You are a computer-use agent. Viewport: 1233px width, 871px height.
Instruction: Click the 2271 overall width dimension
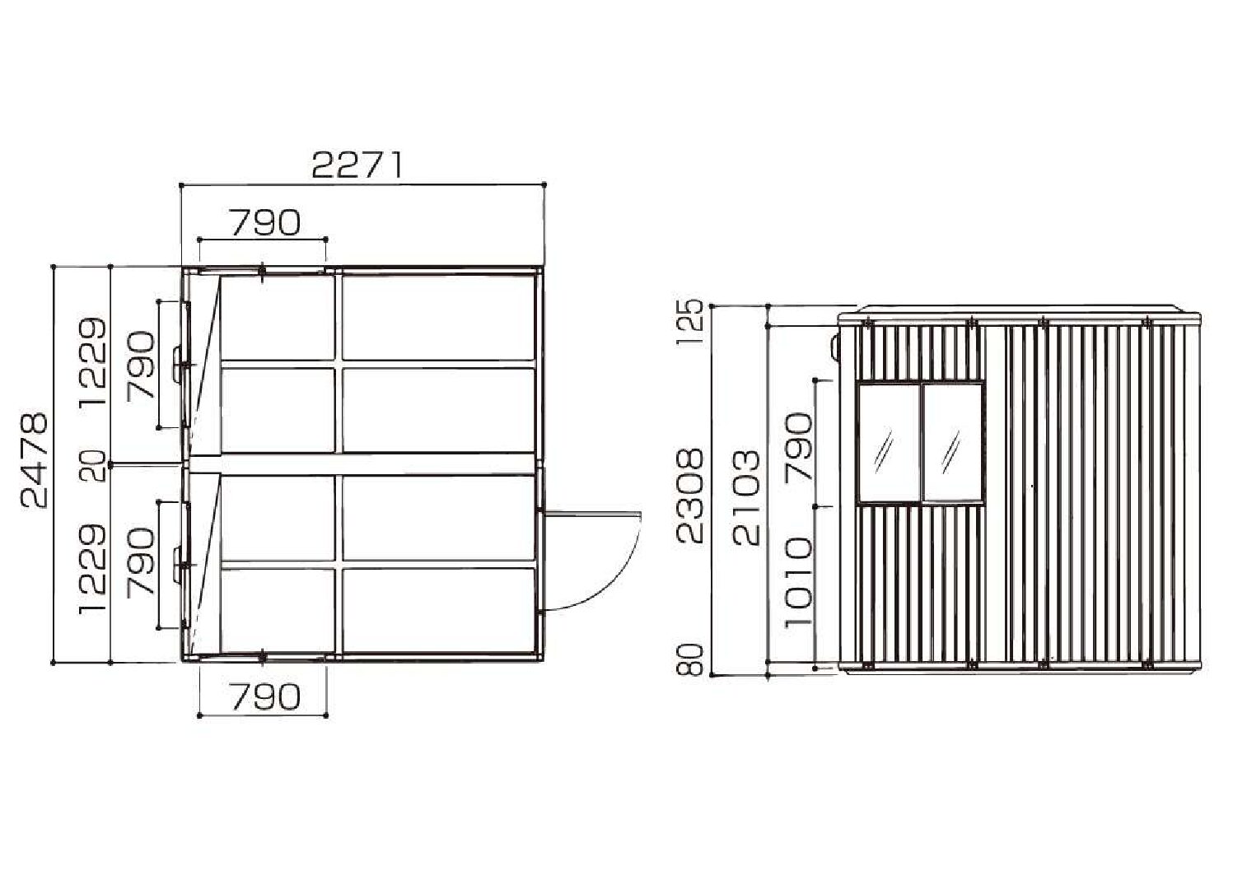[x=357, y=165]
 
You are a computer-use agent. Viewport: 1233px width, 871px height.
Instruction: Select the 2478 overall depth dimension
[x=34, y=460]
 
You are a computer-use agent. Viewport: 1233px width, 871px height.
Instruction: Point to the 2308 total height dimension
[x=689, y=496]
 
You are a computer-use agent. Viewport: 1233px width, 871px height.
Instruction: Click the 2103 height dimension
[x=746, y=497]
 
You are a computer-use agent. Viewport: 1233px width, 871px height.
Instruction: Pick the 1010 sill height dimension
[x=798, y=583]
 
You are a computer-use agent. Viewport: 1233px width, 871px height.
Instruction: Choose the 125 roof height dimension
[x=689, y=322]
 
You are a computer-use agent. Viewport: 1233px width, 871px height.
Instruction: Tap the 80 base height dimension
[x=689, y=659]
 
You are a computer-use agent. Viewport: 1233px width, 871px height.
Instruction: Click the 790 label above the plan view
[x=266, y=222]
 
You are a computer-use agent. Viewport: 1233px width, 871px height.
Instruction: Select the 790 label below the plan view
[x=266, y=696]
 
